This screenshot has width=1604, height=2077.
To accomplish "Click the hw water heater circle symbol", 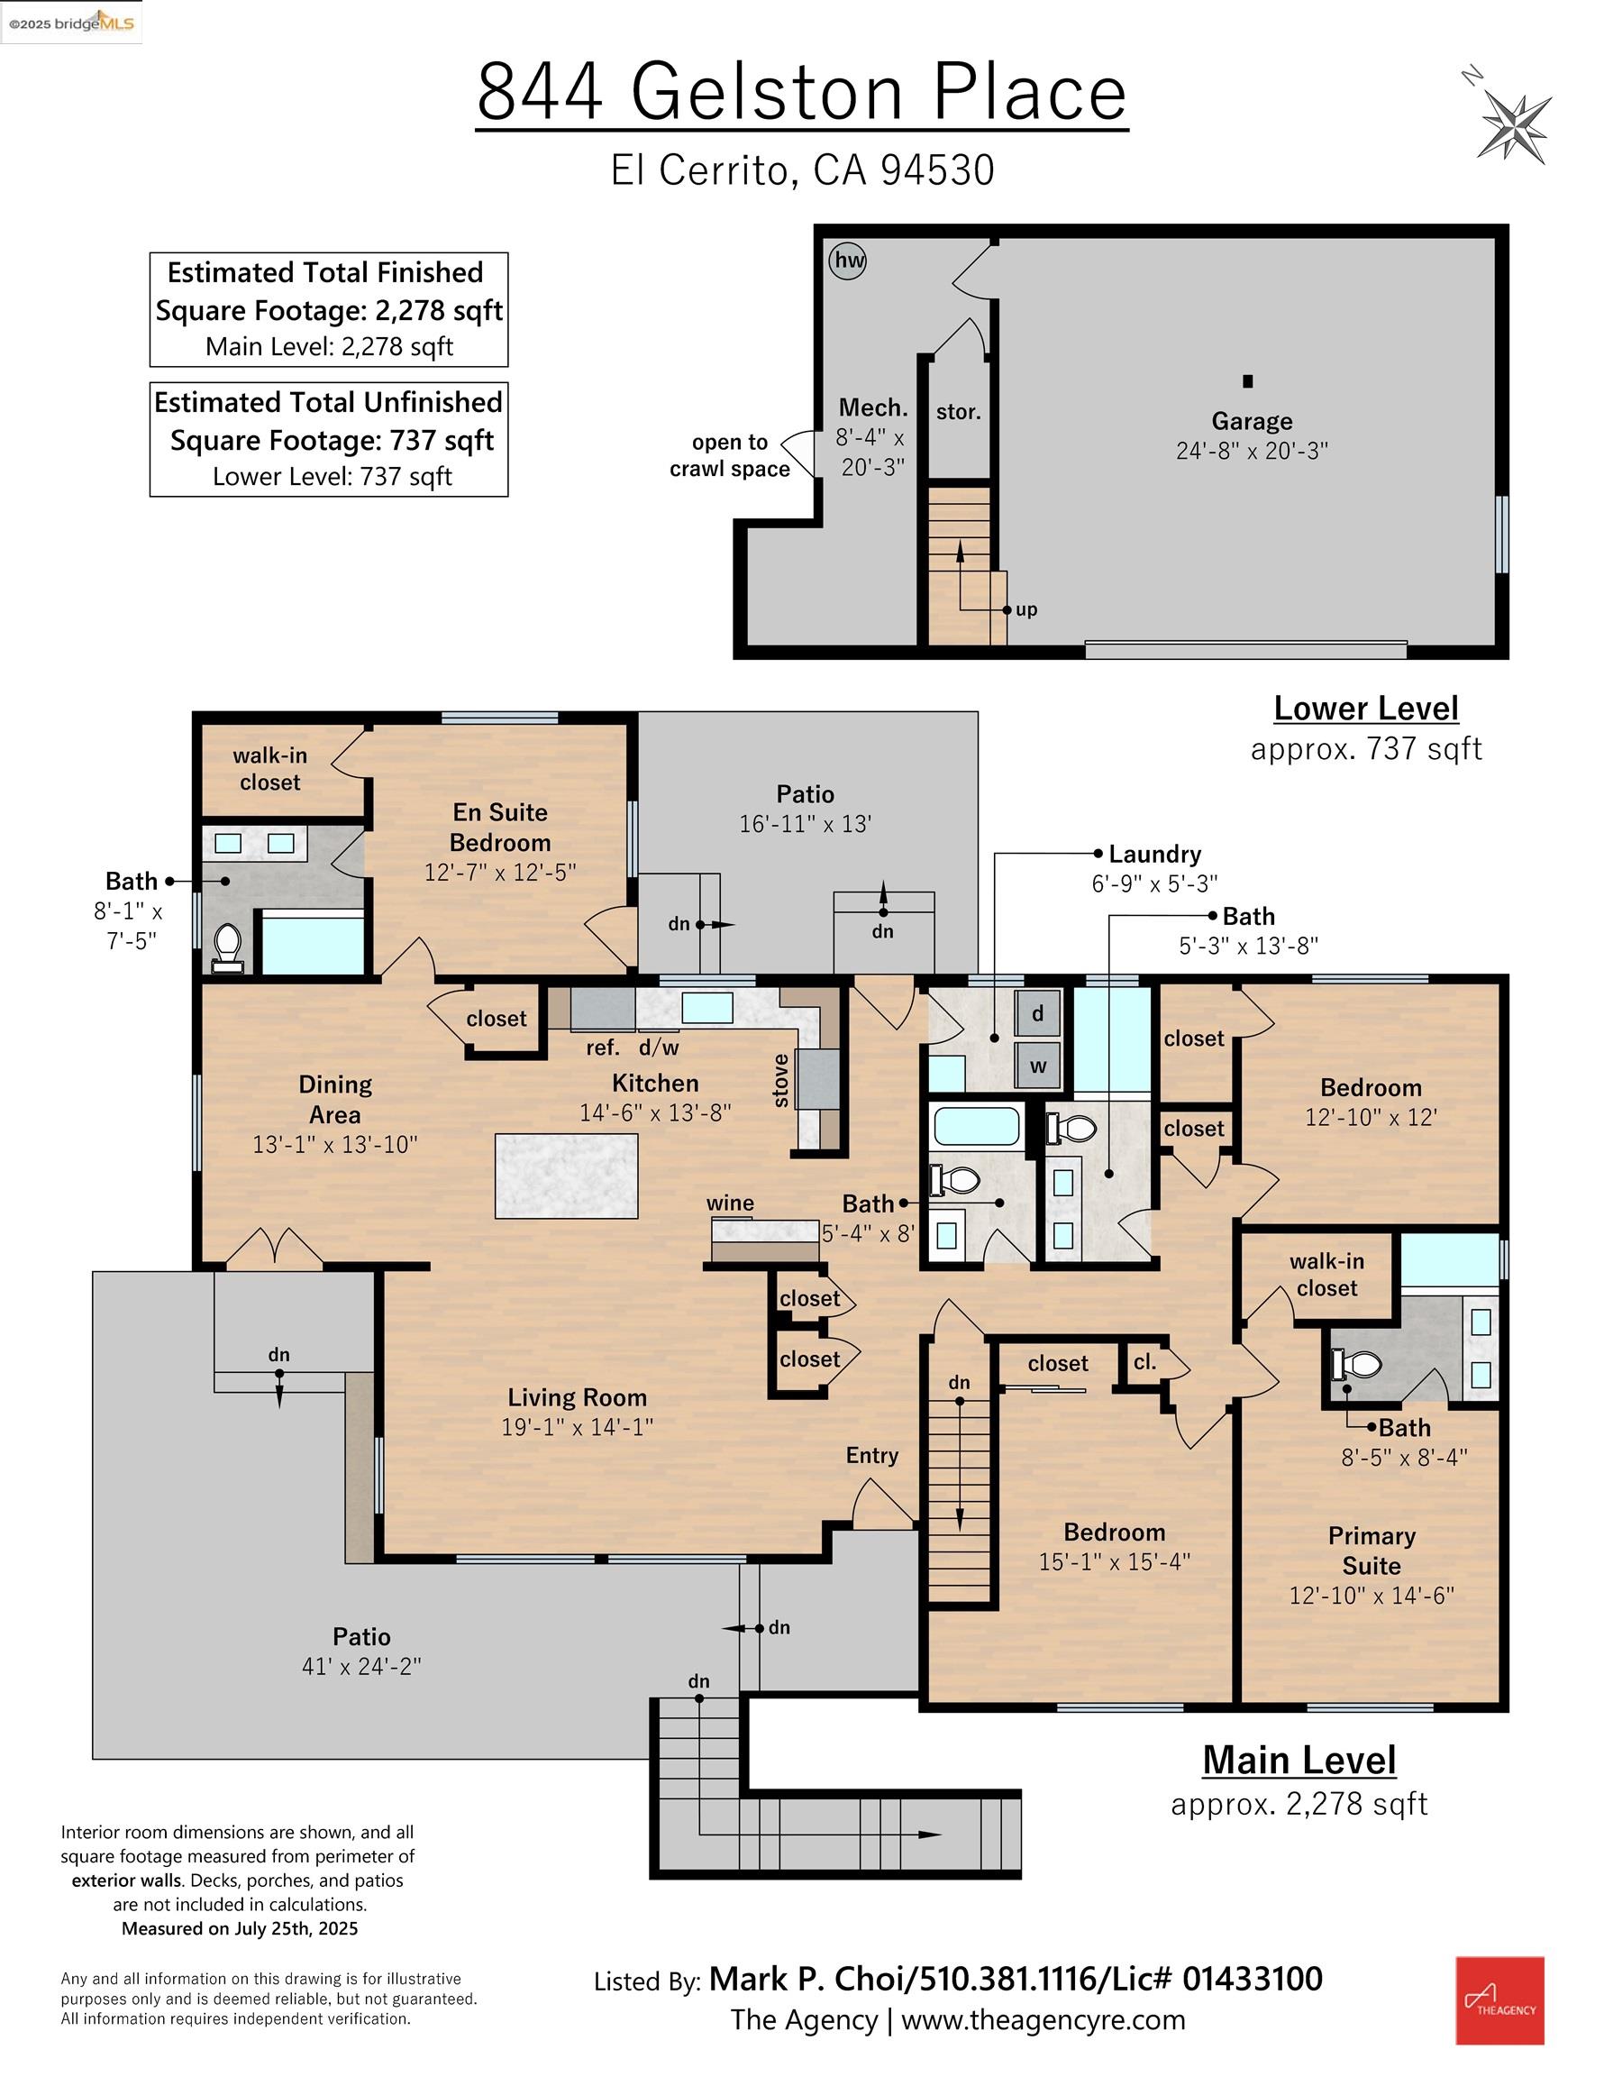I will pos(847,261).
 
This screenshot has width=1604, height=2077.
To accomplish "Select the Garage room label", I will pos(1252,421).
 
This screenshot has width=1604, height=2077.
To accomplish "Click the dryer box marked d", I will pos(1037,1014).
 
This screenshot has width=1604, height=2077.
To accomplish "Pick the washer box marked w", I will pos(1037,1066).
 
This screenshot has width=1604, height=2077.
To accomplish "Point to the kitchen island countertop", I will pos(566,1176).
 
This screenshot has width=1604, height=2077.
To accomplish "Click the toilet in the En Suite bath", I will pos(227,945).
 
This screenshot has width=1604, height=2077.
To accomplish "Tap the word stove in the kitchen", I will pos(780,1081).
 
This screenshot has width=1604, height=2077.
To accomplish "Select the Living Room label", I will pos(577,1397).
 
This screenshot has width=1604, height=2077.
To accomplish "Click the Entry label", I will pos(872,1455).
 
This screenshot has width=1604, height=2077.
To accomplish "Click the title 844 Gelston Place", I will pos(801,92).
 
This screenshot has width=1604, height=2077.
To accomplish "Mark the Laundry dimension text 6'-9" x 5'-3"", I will pos(1154,883).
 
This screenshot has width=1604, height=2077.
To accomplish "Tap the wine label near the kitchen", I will pos(730,1203).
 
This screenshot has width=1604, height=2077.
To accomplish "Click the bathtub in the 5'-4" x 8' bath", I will pos(977,1126).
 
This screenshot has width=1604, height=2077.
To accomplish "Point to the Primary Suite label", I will pos(1371,1551).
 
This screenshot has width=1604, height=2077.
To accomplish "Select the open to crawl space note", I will pos(730,455).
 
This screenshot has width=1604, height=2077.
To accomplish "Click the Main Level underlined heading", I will pos(1299,1761).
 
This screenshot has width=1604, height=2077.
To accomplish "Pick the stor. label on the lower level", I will pos(959,412).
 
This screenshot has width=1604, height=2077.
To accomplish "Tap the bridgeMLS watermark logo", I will pos(71,23).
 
